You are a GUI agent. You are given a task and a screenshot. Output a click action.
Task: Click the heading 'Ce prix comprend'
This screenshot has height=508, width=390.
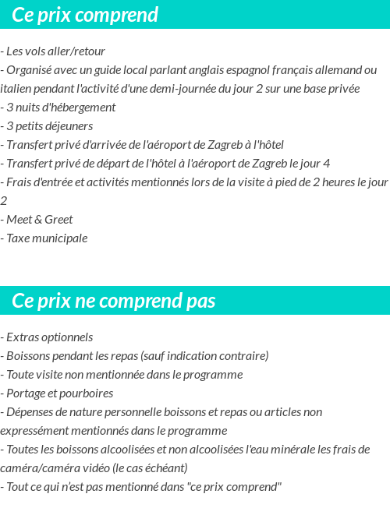[85, 15]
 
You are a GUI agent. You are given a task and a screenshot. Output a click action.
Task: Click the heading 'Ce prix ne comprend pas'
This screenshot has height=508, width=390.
[114, 301]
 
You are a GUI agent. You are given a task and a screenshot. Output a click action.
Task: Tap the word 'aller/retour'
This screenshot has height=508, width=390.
[73, 51]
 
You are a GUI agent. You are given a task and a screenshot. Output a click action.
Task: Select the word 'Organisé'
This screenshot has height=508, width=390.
[30, 70]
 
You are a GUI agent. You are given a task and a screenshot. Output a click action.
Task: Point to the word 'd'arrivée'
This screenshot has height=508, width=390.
[105, 145]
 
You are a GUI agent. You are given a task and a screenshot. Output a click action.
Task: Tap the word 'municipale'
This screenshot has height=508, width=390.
[61, 238]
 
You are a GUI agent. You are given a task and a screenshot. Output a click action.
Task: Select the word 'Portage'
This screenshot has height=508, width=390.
[27, 393]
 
